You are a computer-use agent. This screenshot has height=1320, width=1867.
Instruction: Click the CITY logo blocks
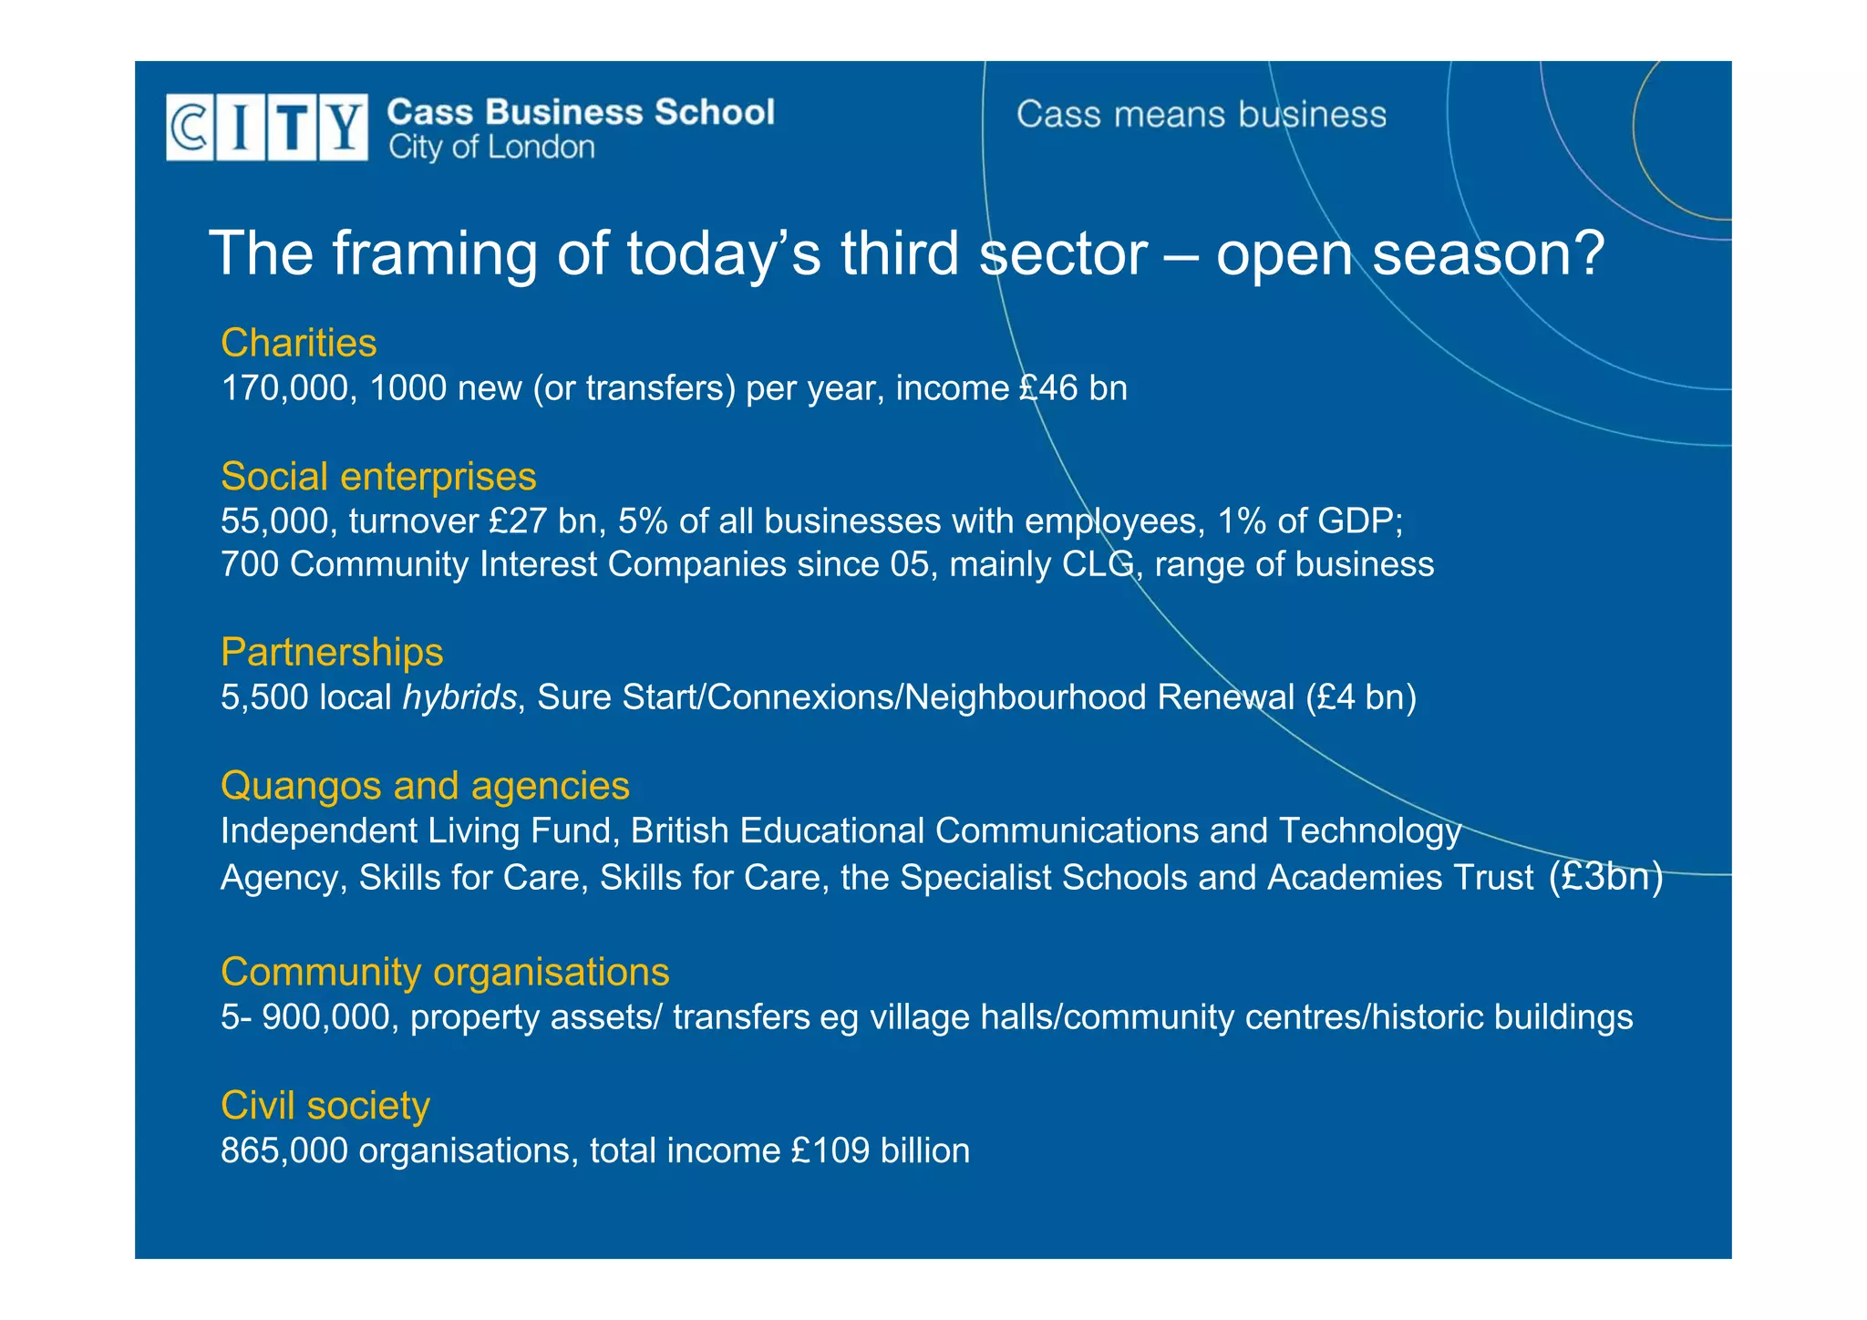point(266,128)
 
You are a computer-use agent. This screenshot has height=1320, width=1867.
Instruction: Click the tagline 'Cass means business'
point(1201,115)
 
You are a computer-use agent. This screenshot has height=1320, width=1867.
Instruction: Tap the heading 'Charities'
point(298,344)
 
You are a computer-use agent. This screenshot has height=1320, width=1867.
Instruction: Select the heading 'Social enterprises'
point(378,477)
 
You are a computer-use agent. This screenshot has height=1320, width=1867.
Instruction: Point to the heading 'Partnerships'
point(332,653)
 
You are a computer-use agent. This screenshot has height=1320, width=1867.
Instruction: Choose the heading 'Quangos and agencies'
point(425,786)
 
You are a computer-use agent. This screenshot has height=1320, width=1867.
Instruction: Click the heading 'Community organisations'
point(445,972)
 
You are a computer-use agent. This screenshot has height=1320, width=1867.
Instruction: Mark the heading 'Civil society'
point(325,1106)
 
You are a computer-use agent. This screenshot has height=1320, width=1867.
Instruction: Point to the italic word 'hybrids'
point(459,697)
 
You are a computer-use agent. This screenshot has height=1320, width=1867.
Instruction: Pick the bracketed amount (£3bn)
point(1605,877)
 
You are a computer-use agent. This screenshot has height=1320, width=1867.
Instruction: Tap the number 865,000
point(284,1150)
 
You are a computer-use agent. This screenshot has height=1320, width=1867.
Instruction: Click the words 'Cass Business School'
point(581,112)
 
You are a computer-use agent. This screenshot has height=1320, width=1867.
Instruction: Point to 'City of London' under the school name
point(491,148)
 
